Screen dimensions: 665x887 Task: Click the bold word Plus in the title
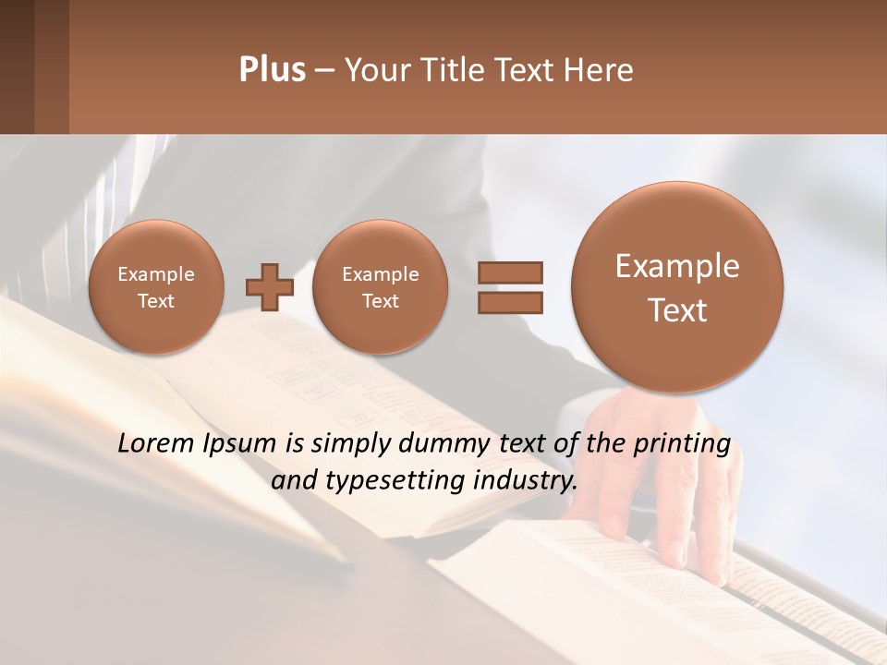click(272, 69)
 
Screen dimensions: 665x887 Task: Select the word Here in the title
click(601, 69)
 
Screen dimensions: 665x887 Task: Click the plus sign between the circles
click(270, 287)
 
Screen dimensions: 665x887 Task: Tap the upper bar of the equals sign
click(509, 272)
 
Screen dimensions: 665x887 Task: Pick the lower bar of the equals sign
click(509, 302)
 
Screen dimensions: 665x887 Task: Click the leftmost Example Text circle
click(156, 287)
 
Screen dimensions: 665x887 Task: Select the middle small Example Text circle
click(380, 287)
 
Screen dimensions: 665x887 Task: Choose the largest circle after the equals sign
click(677, 287)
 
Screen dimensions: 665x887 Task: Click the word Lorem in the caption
click(156, 444)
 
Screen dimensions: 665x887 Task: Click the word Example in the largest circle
click(677, 266)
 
